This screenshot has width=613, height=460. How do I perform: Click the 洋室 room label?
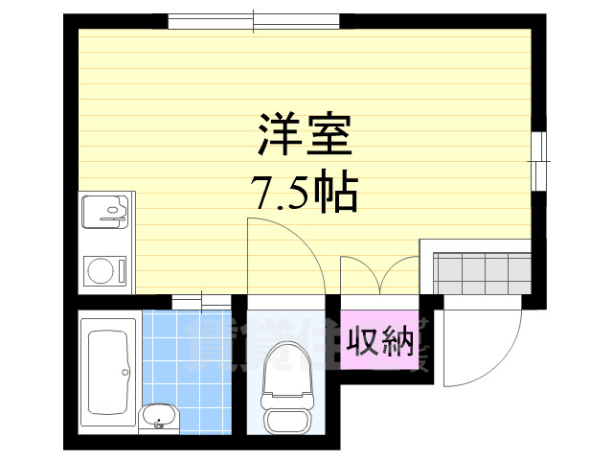pyautogui.click(x=306, y=137)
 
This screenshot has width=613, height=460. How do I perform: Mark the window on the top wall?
pyautogui.click(x=253, y=20)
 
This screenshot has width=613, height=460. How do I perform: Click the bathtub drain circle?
pyautogui.click(x=127, y=370)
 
